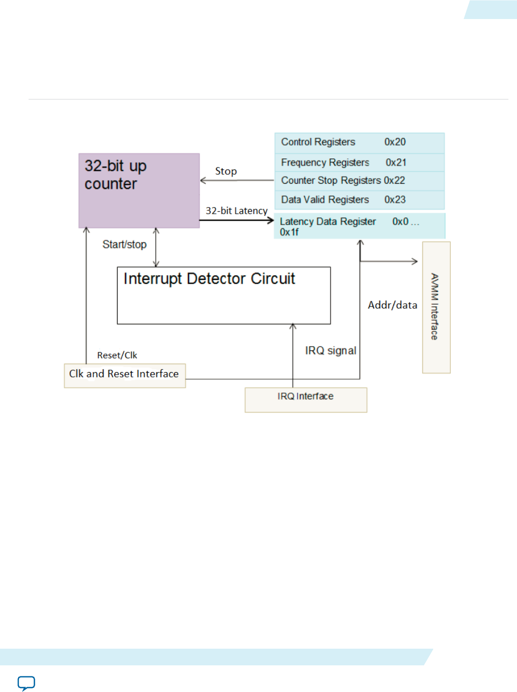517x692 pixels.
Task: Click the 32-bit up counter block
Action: (x=139, y=190)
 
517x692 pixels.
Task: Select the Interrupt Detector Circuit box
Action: (x=224, y=295)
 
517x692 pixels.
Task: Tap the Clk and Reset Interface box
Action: (x=125, y=376)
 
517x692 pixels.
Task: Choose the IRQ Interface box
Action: (x=306, y=399)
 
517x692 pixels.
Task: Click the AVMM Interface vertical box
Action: (x=436, y=307)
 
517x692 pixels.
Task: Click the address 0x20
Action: (x=395, y=142)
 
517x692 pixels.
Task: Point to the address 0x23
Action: (x=395, y=200)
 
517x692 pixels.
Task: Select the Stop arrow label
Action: (x=226, y=171)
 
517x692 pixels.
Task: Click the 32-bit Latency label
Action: (x=237, y=211)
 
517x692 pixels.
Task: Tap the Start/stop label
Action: (x=124, y=245)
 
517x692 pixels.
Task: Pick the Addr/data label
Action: (x=392, y=305)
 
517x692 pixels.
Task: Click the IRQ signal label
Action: (x=330, y=351)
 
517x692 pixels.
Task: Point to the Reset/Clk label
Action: (x=117, y=356)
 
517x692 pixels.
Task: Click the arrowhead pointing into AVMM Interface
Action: (x=415, y=261)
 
